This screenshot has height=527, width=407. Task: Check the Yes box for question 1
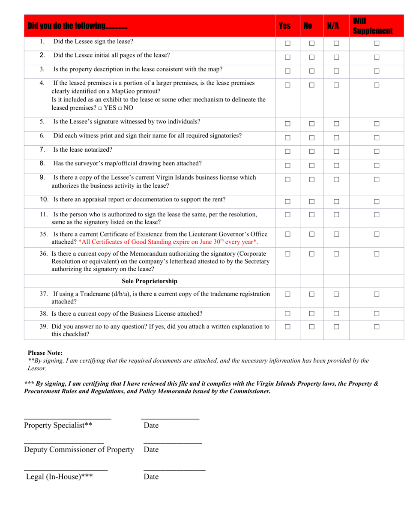pyautogui.click(x=287, y=43)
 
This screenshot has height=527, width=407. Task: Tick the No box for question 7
pyautogui.click(x=312, y=151)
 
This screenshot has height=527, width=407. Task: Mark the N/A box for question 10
pyautogui.click(x=336, y=201)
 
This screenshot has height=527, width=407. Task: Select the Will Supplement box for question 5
pyautogui.click(x=377, y=124)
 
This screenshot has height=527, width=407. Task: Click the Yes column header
pyautogui.click(x=284, y=26)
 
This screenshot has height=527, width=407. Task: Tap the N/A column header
pyautogui.click(x=333, y=26)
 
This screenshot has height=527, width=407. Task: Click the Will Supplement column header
pyautogui.click(x=372, y=26)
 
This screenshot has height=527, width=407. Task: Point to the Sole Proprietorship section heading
pyautogui.click(x=150, y=281)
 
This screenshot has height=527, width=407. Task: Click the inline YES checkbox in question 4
pyautogui.click(x=99, y=108)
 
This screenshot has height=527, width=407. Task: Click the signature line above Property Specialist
pyautogui.click(x=68, y=418)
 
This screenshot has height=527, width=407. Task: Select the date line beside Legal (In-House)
pyautogui.click(x=174, y=471)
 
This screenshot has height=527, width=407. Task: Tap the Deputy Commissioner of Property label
pyautogui.click(x=79, y=449)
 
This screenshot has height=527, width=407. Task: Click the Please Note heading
pyautogui.click(x=45, y=353)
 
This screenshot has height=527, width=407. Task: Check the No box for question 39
pyautogui.click(x=312, y=326)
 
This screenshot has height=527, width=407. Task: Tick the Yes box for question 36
pyautogui.click(x=287, y=254)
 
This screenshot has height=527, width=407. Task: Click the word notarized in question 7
pyautogui.click(x=99, y=150)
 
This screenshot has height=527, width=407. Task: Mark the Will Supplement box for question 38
pyautogui.click(x=377, y=314)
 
